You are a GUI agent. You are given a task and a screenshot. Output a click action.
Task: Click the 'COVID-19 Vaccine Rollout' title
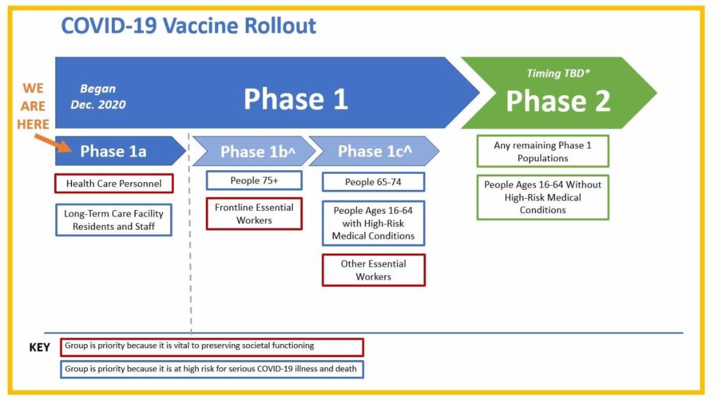pyautogui.click(x=189, y=26)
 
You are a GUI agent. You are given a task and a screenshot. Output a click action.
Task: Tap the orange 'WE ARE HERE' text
pyautogui.click(x=33, y=106)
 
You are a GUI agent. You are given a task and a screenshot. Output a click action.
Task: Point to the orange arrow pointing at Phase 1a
pyautogui.click(x=53, y=143)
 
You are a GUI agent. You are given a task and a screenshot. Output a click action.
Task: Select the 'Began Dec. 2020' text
pyautogui.click(x=98, y=96)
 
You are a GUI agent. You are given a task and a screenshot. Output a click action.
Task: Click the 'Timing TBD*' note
pyautogui.click(x=558, y=73)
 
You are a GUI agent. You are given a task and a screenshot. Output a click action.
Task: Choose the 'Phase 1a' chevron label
pyautogui.click(x=113, y=151)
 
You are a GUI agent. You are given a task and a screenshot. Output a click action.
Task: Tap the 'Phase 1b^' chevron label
pyautogui.click(x=258, y=152)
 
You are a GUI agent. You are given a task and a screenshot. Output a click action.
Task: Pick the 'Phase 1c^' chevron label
pyautogui.click(x=375, y=151)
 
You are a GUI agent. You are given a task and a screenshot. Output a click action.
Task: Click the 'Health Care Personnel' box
pyautogui.click(x=114, y=183)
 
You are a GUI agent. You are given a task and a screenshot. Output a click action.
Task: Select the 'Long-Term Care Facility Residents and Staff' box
pyautogui.click(x=114, y=220)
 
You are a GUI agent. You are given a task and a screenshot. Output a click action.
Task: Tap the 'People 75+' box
pyautogui.click(x=254, y=180)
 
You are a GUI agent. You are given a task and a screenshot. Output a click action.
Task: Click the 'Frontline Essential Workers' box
pyautogui.click(x=254, y=214)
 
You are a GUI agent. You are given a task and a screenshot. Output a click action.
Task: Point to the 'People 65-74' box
pyautogui.click(x=373, y=182)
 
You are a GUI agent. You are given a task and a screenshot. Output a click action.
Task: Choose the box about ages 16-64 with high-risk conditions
pyautogui.click(x=373, y=223)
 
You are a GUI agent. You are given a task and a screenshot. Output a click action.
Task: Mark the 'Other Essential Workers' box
pyautogui.click(x=373, y=270)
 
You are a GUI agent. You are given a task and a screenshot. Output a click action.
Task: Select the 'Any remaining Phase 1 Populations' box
pyautogui.click(x=543, y=151)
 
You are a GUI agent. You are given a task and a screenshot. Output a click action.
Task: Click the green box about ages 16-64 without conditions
pyautogui.click(x=543, y=197)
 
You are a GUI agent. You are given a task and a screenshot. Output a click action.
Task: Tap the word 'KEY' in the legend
pyautogui.click(x=39, y=347)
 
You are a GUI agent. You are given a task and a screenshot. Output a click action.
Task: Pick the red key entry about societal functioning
pyautogui.click(x=212, y=348)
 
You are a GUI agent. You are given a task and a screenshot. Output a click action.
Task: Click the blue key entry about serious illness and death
pyautogui.click(x=212, y=370)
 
